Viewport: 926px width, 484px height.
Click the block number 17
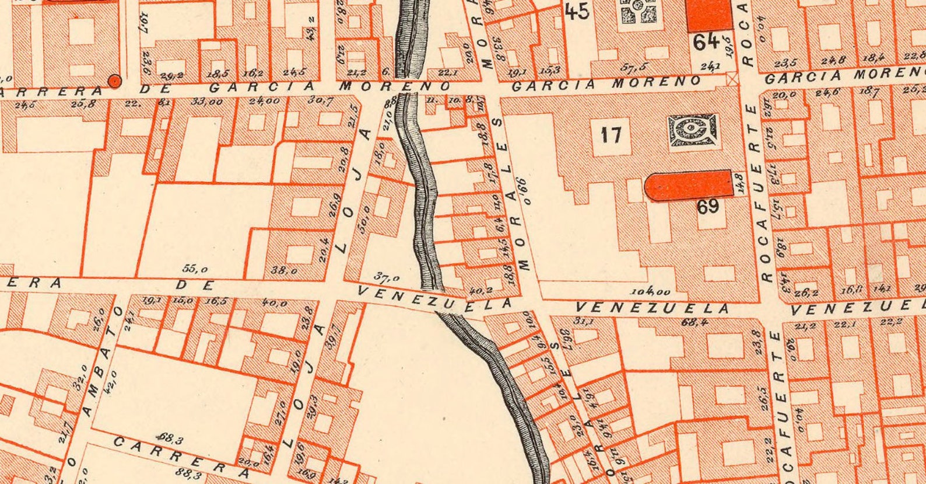[x=611, y=135]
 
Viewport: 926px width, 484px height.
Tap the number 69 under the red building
[x=707, y=207]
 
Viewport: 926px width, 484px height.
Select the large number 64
[x=706, y=42]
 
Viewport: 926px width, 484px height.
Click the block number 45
[x=577, y=11]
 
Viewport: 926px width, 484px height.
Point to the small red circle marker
[x=115, y=81]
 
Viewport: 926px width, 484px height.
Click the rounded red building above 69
[x=689, y=186]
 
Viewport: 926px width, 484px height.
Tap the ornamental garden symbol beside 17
[x=692, y=130]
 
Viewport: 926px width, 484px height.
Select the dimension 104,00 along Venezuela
[x=650, y=291]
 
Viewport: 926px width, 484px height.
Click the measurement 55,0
[x=195, y=269]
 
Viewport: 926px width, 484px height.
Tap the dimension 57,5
[x=636, y=67]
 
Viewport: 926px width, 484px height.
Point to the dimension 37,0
[x=387, y=277]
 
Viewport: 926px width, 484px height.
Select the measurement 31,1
[x=583, y=321]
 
